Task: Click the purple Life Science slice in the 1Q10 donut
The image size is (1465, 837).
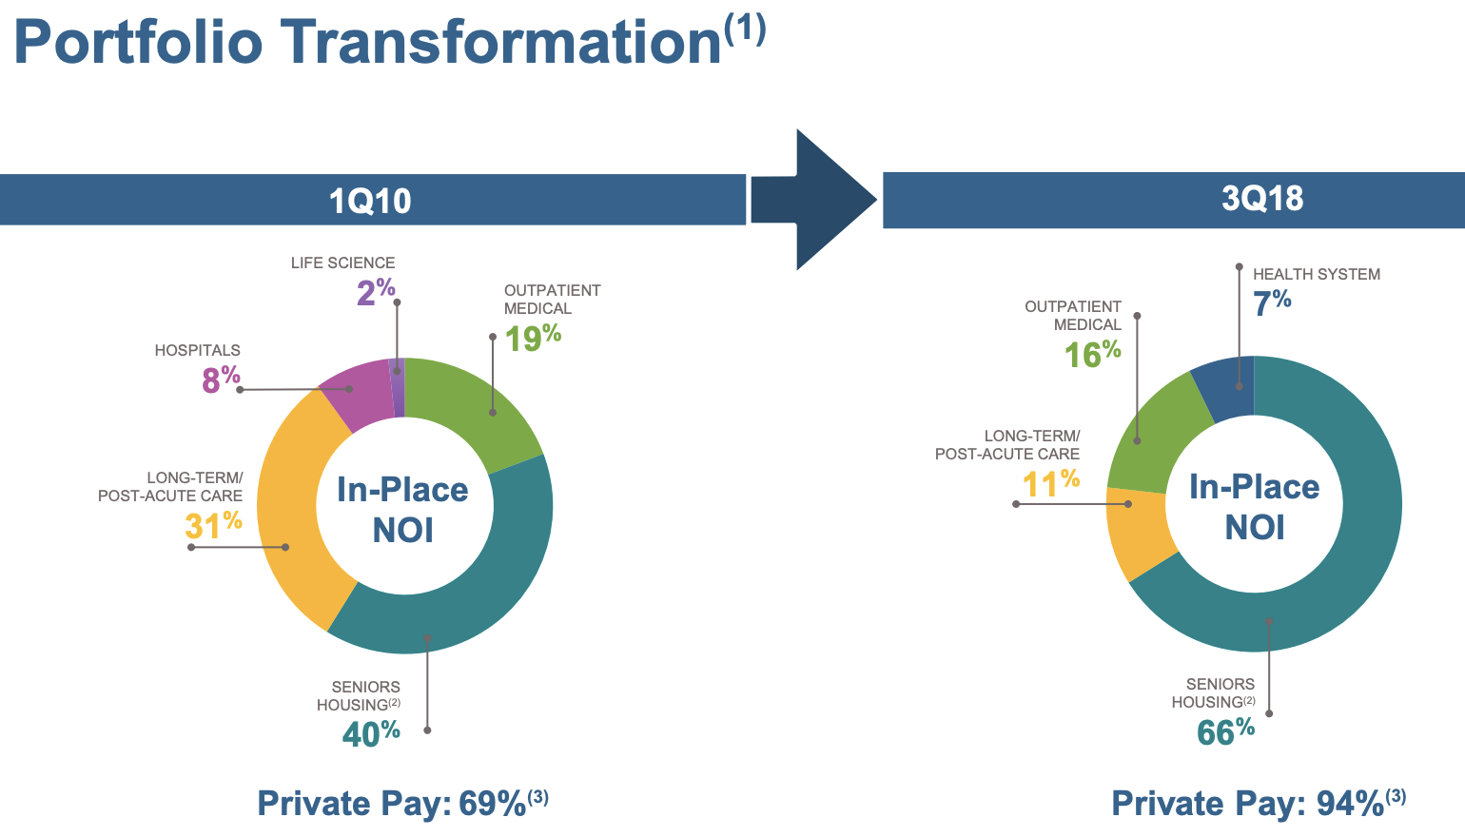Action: [x=397, y=388]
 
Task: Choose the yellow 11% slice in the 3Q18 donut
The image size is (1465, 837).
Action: [x=1139, y=531]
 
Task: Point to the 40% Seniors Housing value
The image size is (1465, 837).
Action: [x=371, y=733]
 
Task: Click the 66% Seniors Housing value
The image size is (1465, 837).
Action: [x=1225, y=731]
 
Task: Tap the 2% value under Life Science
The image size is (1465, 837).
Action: [x=376, y=292]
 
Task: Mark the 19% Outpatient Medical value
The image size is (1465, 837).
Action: [x=533, y=338]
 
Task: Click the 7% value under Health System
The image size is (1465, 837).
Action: [x=1272, y=302]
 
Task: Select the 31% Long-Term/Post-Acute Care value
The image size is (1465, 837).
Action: [x=213, y=524]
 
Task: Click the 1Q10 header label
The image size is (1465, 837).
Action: [x=370, y=201]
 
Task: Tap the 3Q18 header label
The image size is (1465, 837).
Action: [x=1262, y=198]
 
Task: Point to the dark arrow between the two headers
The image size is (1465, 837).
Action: [x=814, y=200]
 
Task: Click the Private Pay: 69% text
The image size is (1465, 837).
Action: [x=402, y=803]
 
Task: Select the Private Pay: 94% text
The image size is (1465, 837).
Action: [x=1259, y=803]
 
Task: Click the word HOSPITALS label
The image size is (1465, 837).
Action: [x=198, y=350]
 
